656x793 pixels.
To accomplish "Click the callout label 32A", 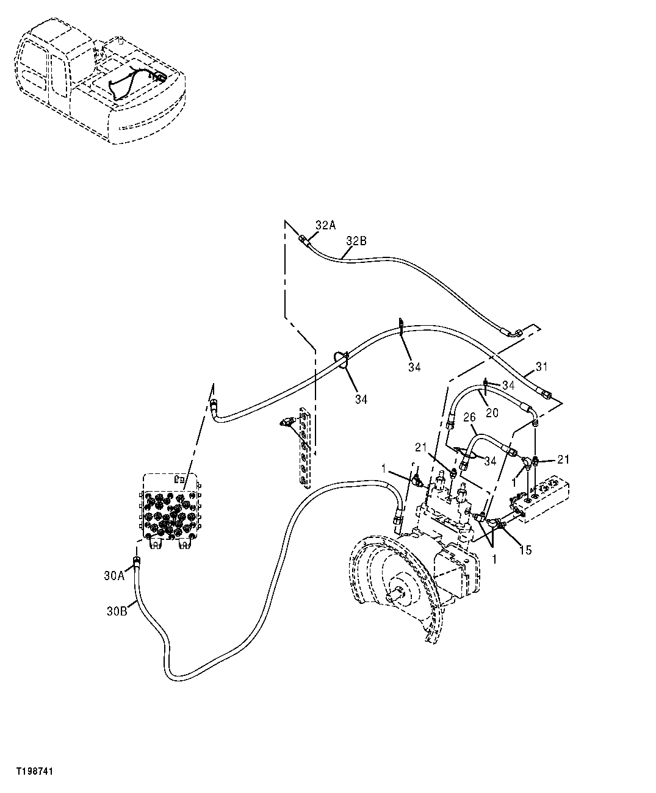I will (x=325, y=225).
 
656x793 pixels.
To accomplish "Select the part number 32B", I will (x=356, y=241).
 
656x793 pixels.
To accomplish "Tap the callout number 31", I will (x=542, y=367).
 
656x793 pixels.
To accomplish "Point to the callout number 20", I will (x=492, y=413).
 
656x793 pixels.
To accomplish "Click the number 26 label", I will (x=469, y=418).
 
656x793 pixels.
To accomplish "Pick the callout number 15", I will (x=525, y=550).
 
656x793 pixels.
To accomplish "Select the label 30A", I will (x=114, y=575).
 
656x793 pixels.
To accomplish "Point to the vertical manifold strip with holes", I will (x=305, y=449).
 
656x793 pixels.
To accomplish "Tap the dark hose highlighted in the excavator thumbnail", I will (x=131, y=79).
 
